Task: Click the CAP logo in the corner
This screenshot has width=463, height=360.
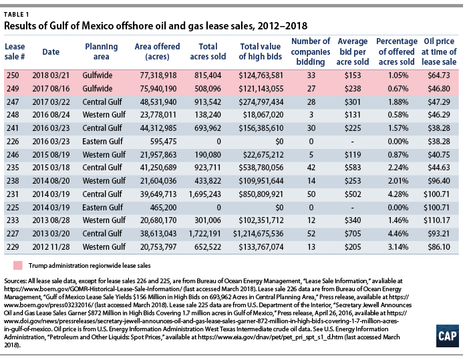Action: click(448, 336)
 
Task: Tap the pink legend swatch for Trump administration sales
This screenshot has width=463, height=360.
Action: click(18, 265)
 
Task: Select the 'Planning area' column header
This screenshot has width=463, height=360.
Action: click(102, 51)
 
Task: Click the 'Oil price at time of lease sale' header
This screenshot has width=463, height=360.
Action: click(439, 51)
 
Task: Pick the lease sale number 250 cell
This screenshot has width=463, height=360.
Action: click(13, 75)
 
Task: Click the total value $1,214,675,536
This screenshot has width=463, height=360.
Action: click(258, 234)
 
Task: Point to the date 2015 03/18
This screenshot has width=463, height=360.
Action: click(51, 168)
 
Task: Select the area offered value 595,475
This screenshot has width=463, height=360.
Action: click(163, 142)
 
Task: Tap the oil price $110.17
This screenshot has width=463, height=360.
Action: click(436, 220)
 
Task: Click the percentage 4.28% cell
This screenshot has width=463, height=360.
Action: click(398, 194)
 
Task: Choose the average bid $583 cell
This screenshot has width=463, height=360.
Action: click(353, 168)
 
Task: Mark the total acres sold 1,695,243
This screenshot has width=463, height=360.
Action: click(204, 194)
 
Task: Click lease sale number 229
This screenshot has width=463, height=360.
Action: click(13, 246)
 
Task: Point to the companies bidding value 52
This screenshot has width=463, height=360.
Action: click(311, 234)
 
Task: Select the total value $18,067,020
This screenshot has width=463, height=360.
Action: click(263, 115)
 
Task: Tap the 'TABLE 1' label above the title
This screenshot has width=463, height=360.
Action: click(16, 15)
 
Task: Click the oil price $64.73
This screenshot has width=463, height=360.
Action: click(439, 75)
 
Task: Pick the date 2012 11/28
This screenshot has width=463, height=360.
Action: click(51, 246)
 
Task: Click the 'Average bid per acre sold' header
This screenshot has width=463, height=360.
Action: click(353, 51)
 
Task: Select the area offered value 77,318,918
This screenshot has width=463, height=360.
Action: click(158, 75)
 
